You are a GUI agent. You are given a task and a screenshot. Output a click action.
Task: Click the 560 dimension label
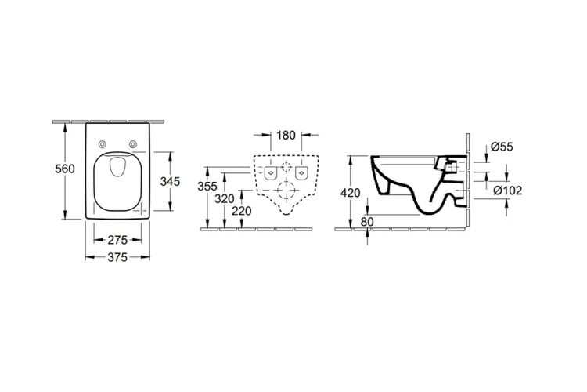[65, 169]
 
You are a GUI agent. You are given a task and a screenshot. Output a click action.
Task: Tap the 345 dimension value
[170, 182]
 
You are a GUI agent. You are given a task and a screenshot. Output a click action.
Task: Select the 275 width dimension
[117, 240]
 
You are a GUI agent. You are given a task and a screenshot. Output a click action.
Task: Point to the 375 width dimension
[117, 257]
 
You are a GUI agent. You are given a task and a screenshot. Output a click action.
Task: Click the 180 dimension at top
[286, 135]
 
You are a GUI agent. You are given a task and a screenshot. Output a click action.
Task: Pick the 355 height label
[207, 186]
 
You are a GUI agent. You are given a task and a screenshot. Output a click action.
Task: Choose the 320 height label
[225, 199]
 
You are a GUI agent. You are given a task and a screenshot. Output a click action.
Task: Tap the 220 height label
[242, 211]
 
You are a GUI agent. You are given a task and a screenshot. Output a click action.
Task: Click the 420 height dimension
[350, 193]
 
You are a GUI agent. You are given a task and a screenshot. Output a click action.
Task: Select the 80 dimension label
[367, 222]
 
